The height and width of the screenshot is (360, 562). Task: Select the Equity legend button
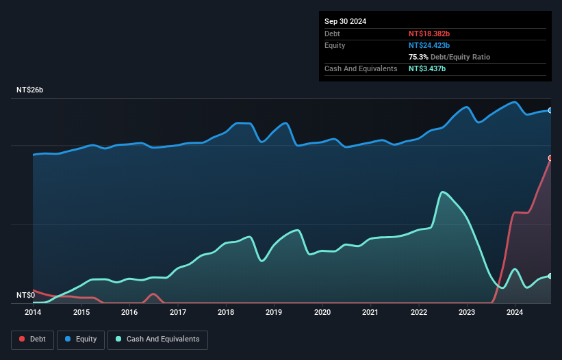pyautogui.click(x=81, y=339)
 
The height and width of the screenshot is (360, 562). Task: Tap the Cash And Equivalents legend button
pyautogui.click(x=157, y=339)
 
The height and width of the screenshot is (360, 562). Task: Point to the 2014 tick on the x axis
pyautogui.click(x=33, y=313)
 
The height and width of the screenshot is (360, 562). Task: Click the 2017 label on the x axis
pyautogui.click(x=178, y=313)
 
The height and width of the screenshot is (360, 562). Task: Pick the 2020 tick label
pyautogui.click(x=322, y=313)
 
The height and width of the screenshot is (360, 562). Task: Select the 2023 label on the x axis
pyautogui.click(x=467, y=313)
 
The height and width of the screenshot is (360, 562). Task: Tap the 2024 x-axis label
pyautogui.click(x=515, y=313)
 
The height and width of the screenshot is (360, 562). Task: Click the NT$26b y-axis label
pyautogui.click(x=30, y=90)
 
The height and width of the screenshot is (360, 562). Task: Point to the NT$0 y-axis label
pyautogui.click(x=25, y=296)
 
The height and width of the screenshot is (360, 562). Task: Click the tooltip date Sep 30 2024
pyautogui.click(x=346, y=21)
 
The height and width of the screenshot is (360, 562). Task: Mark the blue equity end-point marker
pyautogui.click(x=550, y=110)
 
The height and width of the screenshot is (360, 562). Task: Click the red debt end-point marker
pyautogui.click(x=550, y=158)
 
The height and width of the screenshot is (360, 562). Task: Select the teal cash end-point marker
pyautogui.click(x=550, y=276)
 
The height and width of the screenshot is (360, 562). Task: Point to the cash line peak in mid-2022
pyautogui.click(x=444, y=192)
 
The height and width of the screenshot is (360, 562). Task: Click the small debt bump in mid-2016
pyautogui.click(x=154, y=294)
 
